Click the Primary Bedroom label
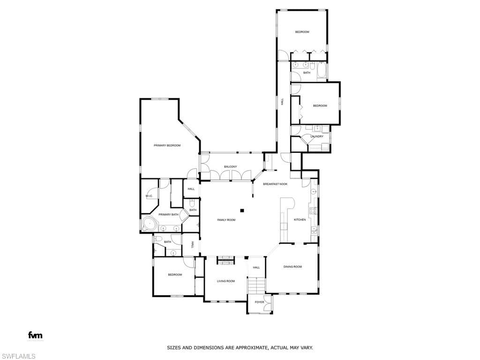pos(167,146)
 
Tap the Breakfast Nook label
pos(275,184)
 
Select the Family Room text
pos(226,220)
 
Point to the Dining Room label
pos(292,267)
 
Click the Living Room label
pos(225,281)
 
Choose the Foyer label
pos(259,302)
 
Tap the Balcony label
pos(230,167)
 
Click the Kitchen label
pos(300,220)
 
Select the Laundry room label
pos(317,136)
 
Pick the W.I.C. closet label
pos(149,196)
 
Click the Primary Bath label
pos(168,215)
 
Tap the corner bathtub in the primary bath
pos(149,224)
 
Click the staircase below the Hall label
pos(256,285)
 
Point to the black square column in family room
pos(242,210)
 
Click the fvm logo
pos(35,335)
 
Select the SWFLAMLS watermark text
pos(18,356)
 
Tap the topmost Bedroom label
pos(302,32)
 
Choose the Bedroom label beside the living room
pos(175,275)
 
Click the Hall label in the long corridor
pos(282,101)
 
